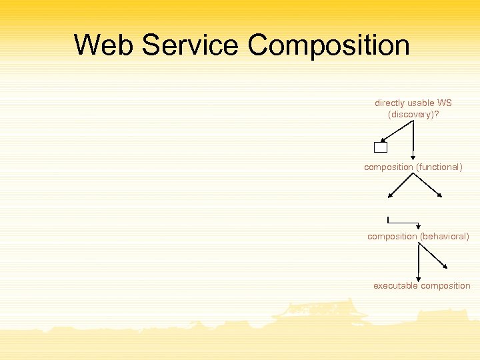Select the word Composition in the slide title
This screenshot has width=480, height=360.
[x=328, y=45]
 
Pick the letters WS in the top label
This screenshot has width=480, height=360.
[x=444, y=103]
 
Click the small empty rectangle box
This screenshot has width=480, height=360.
[x=381, y=147]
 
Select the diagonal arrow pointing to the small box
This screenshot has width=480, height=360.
[x=397, y=133]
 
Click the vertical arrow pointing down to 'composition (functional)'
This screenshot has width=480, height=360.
[x=414, y=140]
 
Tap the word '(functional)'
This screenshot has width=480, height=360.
[x=440, y=167]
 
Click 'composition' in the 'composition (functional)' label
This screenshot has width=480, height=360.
[x=389, y=167]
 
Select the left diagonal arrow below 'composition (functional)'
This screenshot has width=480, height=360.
[x=401, y=185]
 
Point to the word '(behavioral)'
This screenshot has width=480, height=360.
[x=444, y=237]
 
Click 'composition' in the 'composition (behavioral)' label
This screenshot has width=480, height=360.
[x=392, y=237]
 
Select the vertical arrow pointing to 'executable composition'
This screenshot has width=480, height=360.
[x=418, y=261]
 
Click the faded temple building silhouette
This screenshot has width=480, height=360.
[x=320, y=313]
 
